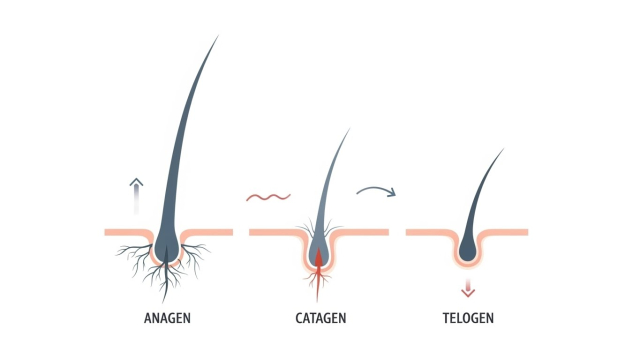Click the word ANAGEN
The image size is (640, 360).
(x=167, y=318)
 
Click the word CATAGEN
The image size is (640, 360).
(x=321, y=318)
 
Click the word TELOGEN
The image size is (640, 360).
(x=468, y=318)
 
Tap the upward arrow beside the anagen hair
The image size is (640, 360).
(x=136, y=196)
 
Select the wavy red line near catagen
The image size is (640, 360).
(x=268, y=198)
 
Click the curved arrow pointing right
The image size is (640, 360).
(x=376, y=189)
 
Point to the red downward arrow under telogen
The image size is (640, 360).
(x=468, y=287)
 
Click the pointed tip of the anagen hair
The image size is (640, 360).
(x=218, y=36)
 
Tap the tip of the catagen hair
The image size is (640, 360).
(x=350, y=129)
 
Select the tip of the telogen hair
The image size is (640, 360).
(x=504, y=149)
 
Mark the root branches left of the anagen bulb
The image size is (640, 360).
(x=134, y=257)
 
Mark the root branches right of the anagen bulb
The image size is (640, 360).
(x=195, y=258)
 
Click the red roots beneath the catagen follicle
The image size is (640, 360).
(x=318, y=283)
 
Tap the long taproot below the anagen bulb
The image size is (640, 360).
(x=165, y=282)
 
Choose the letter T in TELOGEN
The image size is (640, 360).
(x=446, y=318)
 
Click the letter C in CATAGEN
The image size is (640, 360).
(x=299, y=318)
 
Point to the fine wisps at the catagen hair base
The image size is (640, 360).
(x=320, y=229)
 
